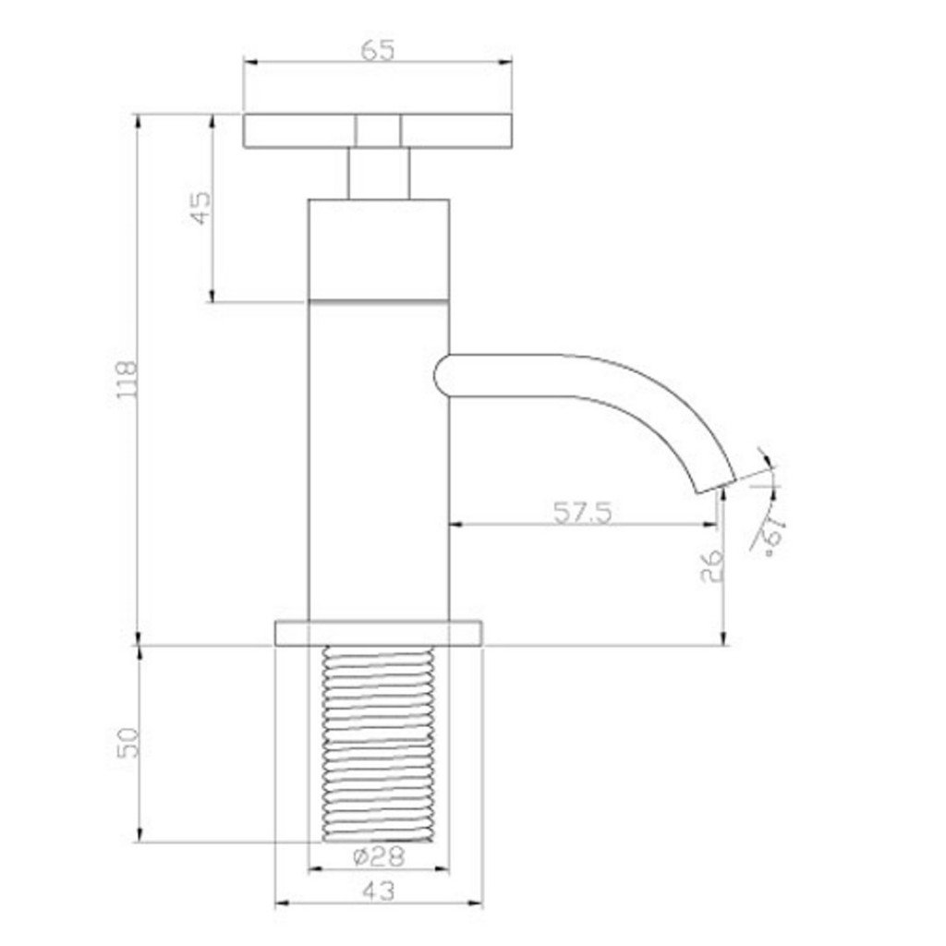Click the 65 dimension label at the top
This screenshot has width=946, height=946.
click(377, 50)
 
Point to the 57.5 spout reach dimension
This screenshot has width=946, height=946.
click(582, 512)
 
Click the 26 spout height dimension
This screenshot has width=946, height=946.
click(711, 565)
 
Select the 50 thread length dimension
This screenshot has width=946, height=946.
click(128, 742)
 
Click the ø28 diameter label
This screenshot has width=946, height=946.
click(378, 856)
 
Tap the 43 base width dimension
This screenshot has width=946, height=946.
click(378, 891)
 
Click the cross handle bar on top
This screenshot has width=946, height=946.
click(296, 131)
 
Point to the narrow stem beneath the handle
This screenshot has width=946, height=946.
click(379, 174)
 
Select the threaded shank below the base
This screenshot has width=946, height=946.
click(378, 744)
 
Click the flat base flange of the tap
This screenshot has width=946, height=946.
click(378, 633)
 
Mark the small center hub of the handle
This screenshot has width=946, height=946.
click(379, 131)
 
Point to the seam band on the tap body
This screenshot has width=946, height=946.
click(378, 300)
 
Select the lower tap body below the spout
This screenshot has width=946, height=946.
click(378, 517)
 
